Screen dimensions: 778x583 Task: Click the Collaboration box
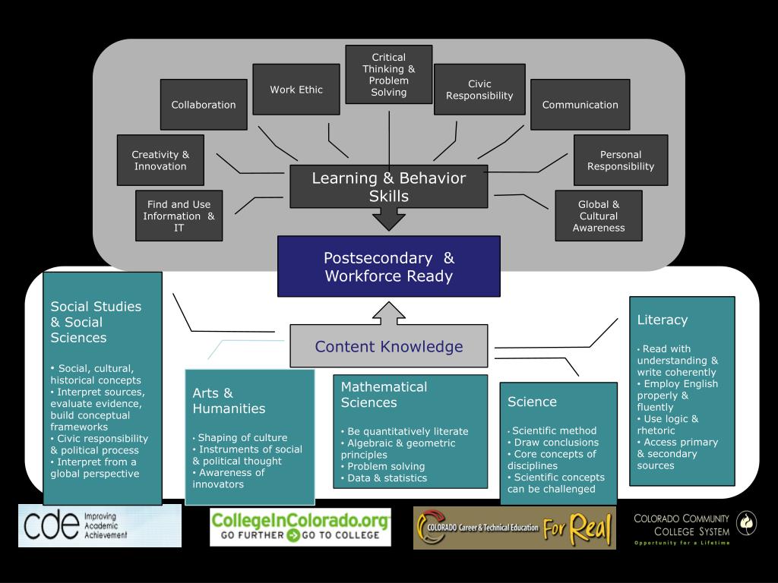point(204,105)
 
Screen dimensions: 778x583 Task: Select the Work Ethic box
point(296,90)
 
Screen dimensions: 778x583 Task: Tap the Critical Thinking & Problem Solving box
point(389,74)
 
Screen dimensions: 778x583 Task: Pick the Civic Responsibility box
point(479,90)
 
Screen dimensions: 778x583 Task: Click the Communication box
point(580,105)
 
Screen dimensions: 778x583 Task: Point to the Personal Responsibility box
point(621,160)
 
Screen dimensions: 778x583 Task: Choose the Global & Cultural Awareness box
point(599,216)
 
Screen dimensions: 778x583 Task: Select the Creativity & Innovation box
point(160,160)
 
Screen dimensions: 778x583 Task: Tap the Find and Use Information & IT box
point(179,216)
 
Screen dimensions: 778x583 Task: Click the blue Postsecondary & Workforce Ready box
point(389,266)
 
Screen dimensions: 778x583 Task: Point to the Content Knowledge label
point(389,346)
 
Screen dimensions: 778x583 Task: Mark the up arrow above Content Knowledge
point(389,314)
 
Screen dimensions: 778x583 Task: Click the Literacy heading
point(663,320)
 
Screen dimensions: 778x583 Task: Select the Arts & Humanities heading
point(229,401)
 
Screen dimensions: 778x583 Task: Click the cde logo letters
point(51,525)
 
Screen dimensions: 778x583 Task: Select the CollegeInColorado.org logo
point(300,527)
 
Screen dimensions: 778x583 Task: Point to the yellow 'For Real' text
point(577,528)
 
